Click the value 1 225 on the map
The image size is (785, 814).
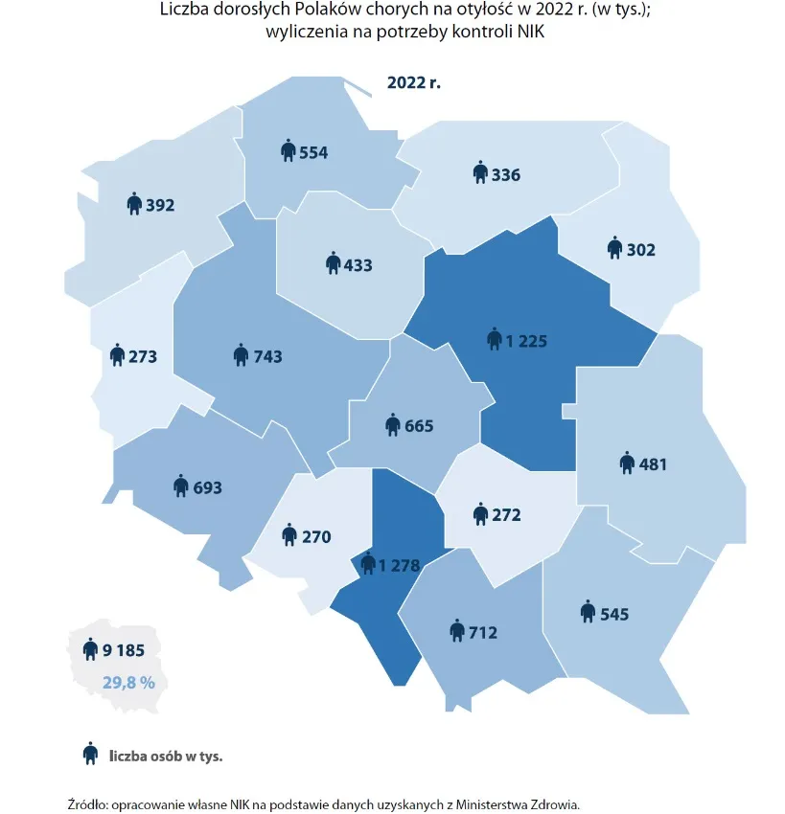point(526,341)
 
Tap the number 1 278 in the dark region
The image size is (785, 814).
point(399,566)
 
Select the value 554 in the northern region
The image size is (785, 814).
point(314,152)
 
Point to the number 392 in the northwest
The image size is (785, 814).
point(160,204)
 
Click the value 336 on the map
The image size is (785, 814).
point(506,175)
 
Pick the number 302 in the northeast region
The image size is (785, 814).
point(640,250)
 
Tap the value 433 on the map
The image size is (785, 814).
point(358,264)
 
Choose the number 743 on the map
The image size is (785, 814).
point(268,356)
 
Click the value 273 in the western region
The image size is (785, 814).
point(142,357)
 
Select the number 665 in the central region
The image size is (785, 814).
point(419,426)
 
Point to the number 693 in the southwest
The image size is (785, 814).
point(207,487)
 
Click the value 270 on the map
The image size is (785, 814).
point(316,537)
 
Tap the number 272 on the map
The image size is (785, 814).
point(506,515)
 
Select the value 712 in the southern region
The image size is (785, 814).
point(484,631)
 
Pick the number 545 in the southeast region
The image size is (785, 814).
point(614,614)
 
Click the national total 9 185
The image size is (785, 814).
point(124,650)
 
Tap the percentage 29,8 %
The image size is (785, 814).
point(128,682)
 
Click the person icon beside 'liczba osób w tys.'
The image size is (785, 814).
point(91,755)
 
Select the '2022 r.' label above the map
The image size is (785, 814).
point(413,82)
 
